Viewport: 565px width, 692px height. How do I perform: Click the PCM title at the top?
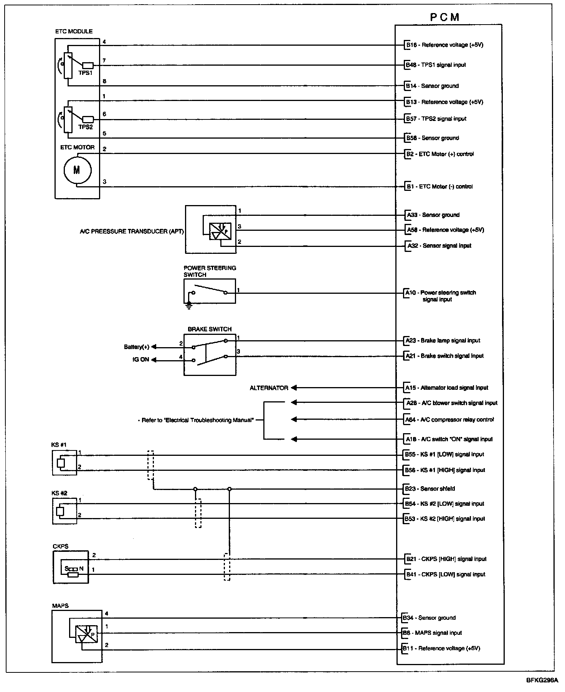[444, 17]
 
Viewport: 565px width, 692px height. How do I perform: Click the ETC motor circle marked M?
[77, 170]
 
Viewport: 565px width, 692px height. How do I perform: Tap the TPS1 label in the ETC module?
[86, 73]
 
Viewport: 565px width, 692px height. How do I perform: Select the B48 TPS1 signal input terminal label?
[436, 65]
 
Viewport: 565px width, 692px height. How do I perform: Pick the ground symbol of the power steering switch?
[188, 305]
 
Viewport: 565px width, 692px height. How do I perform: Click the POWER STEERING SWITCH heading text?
[210, 271]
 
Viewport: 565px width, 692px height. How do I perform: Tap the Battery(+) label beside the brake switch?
[137, 347]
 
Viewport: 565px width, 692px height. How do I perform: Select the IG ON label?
[141, 360]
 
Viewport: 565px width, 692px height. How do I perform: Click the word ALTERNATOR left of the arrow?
[269, 388]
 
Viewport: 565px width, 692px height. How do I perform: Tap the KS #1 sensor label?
[59, 445]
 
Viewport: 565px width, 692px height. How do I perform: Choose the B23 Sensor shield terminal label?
[430, 489]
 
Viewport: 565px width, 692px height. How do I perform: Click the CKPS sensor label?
[61, 546]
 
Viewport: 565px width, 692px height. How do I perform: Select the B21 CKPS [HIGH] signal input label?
[446, 559]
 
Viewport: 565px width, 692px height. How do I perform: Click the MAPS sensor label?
[60, 606]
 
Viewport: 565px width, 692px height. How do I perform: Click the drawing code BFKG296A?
[542, 680]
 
